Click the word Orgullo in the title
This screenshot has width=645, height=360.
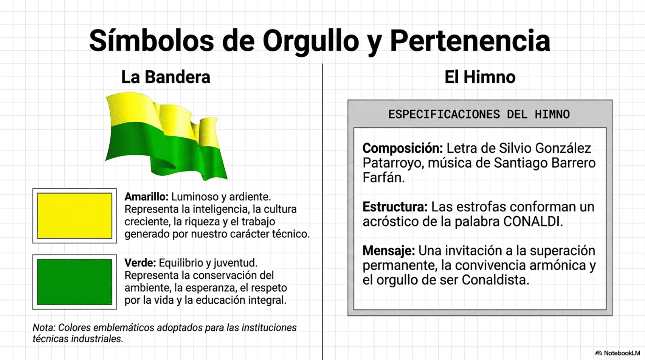310,41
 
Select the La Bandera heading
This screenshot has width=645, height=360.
166,77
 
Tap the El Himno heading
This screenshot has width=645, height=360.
480,77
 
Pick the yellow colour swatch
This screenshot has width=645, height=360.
74,216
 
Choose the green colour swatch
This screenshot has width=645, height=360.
74,282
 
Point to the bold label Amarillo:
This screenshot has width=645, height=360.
146,197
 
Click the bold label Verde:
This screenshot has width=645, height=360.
140,263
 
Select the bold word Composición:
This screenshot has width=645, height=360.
403,148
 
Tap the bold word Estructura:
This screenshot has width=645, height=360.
395,207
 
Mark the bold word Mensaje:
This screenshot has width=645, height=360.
389,250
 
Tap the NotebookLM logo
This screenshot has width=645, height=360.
618,353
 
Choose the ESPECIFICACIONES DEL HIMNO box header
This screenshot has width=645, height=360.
479,114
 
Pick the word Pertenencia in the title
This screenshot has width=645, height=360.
470,41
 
